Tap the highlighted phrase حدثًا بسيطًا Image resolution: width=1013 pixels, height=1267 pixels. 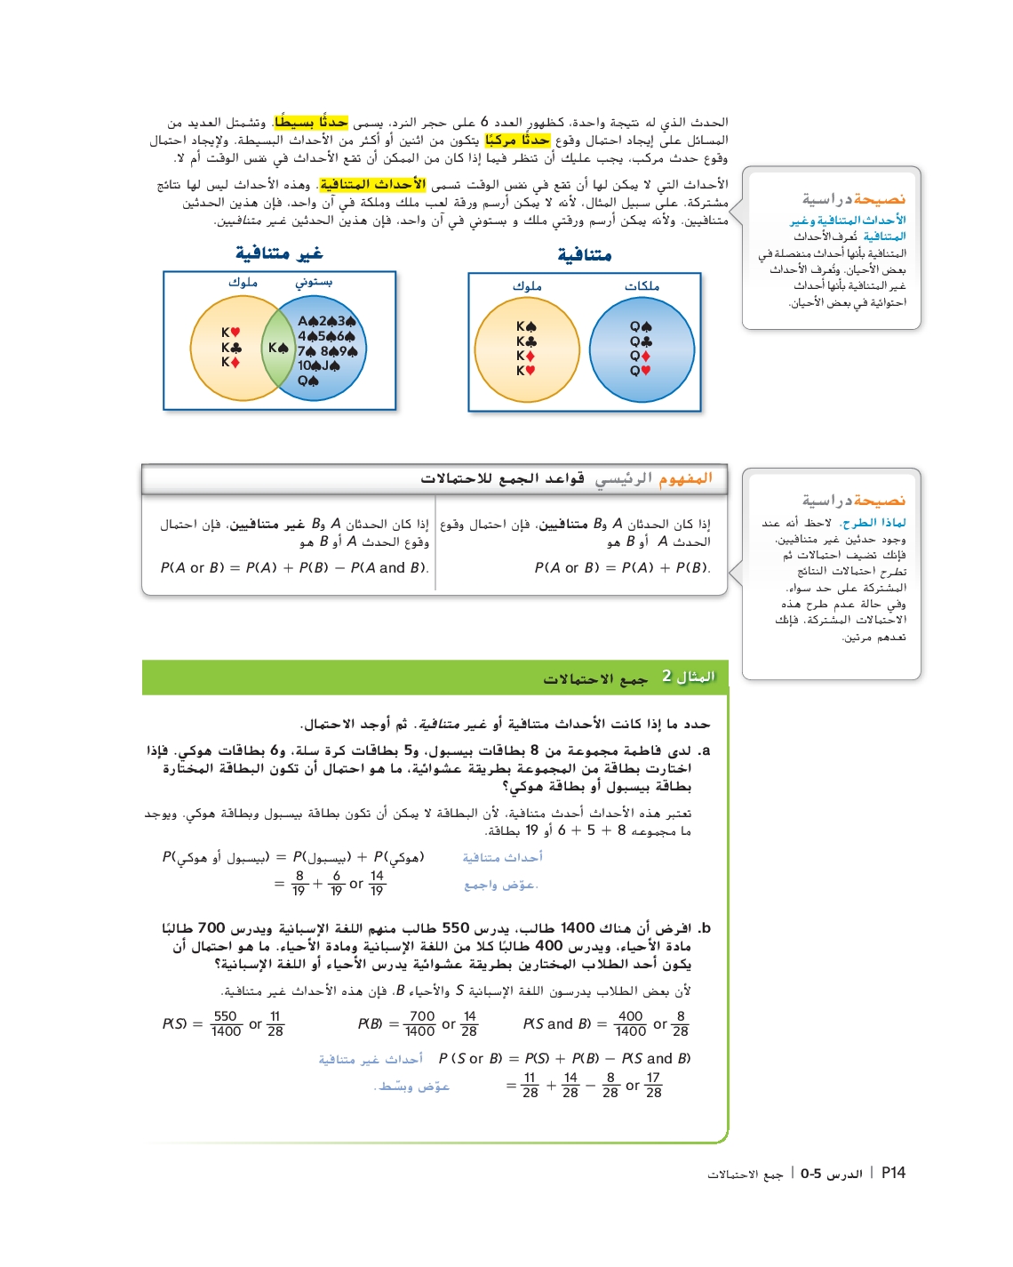tap(311, 122)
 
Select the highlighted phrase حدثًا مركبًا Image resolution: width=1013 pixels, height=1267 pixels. tap(518, 140)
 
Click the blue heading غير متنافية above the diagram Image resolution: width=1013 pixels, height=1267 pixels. tap(279, 253)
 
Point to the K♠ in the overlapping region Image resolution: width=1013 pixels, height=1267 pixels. tap(278, 348)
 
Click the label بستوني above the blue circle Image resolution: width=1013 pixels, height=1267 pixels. tap(314, 282)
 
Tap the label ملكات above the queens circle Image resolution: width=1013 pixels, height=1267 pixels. tap(642, 285)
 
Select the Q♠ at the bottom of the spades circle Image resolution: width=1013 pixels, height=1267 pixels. tap(308, 381)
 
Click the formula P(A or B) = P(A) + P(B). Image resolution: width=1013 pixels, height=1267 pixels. tap(622, 567)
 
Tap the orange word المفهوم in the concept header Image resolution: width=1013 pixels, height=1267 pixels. tap(685, 478)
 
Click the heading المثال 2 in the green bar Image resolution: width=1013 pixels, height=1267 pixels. tap(688, 677)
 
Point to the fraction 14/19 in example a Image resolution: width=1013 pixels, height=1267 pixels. tap(377, 883)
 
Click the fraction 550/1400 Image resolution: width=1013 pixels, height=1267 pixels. tap(226, 1023)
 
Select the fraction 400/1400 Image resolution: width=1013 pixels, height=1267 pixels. tap(630, 1023)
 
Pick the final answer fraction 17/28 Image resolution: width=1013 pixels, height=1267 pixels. tap(653, 1085)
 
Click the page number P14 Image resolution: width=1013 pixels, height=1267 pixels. tap(893, 1173)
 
